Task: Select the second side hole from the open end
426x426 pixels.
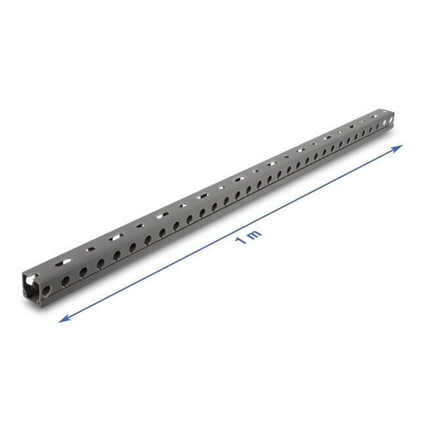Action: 66,279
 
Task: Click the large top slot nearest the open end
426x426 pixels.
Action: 61,261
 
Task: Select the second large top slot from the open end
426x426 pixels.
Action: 118,236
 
